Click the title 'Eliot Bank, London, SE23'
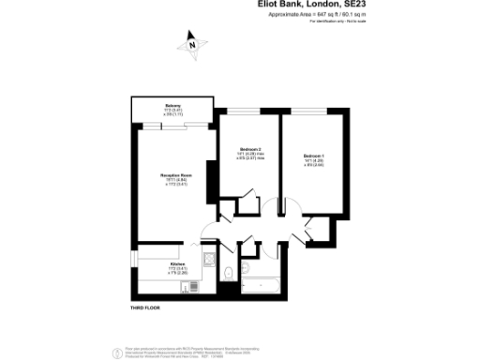click(309, 5)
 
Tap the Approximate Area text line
click(309, 15)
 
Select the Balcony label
click(173, 104)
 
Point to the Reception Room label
click(174, 175)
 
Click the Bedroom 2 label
click(250, 149)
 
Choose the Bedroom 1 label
click(313, 155)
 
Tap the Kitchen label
click(177, 265)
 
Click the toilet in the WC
click(230, 272)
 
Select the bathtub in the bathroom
click(262, 286)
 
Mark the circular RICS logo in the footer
click(118, 352)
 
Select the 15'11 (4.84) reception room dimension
click(173, 180)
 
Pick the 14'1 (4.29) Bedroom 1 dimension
click(313, 160)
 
